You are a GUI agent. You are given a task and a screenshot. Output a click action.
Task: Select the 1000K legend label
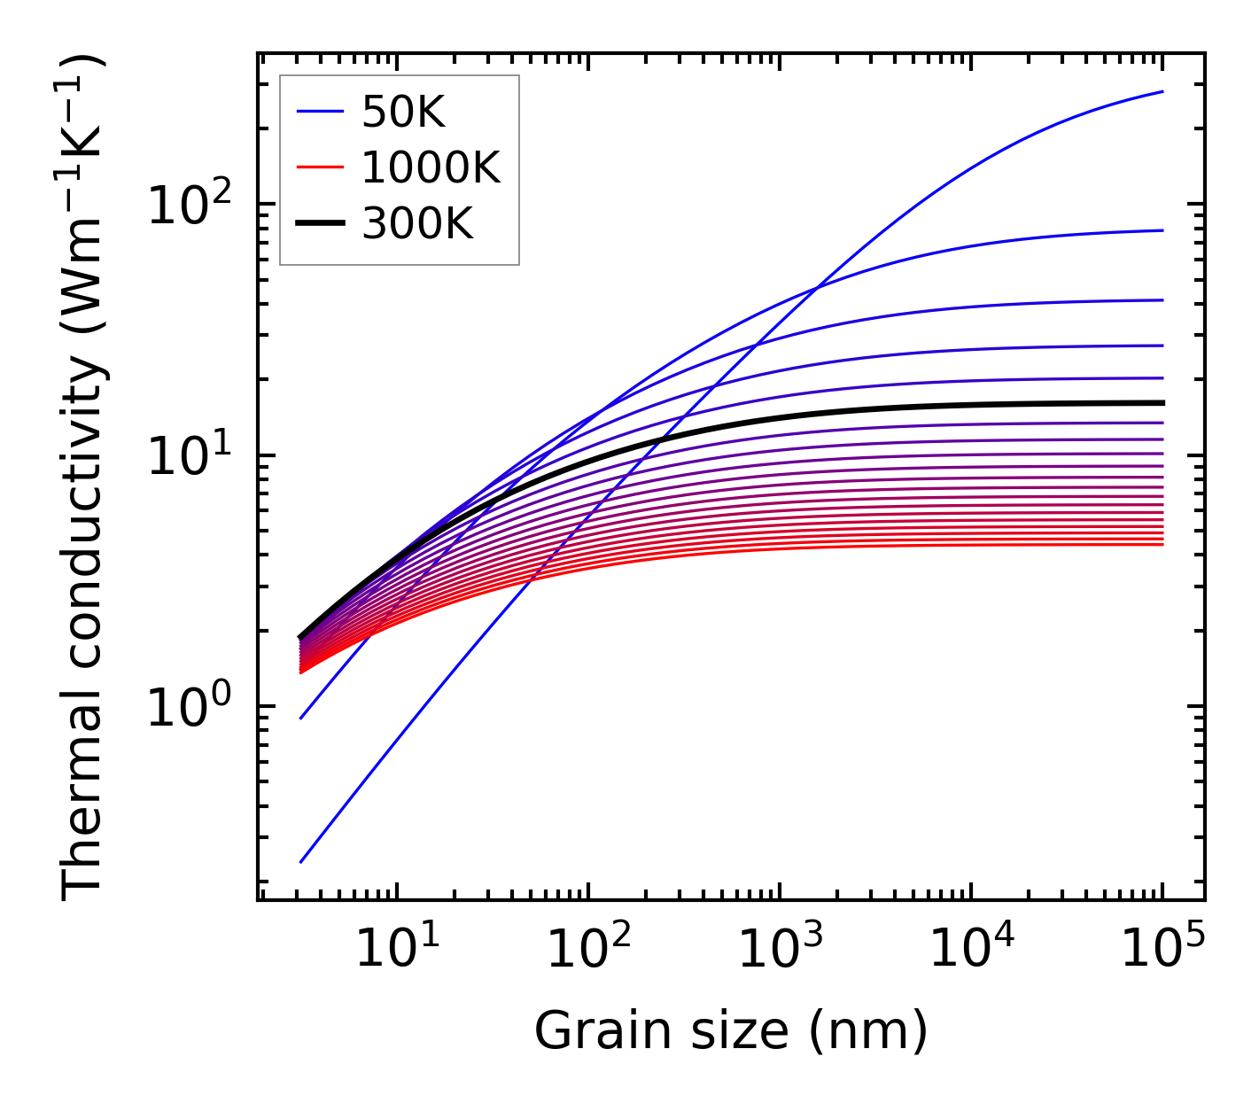pos(431,167)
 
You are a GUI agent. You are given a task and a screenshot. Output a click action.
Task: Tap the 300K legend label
pos(417,224)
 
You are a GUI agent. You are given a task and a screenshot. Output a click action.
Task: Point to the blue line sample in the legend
pos(319,112)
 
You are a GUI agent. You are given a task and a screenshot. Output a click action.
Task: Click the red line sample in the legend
pos(319,167)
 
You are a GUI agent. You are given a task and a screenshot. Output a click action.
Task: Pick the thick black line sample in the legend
pos(319,224)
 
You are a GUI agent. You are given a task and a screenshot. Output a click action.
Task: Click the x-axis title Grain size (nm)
pos(731,1031)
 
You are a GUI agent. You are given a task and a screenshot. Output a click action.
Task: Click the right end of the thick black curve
pos(1162,403)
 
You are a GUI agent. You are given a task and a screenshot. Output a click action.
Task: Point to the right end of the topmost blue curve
pos(1162,91)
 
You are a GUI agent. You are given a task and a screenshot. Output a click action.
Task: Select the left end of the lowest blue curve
pos(301,862)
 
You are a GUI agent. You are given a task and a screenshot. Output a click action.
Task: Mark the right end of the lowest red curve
pos(1162,544)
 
